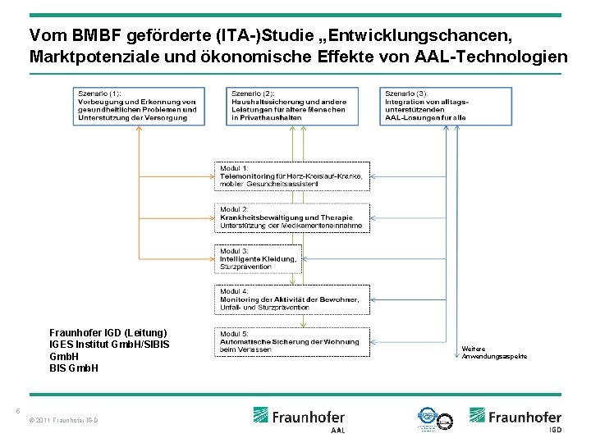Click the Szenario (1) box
pos(138,105)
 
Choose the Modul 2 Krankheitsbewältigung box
pos(293,217)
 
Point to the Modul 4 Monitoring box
pos(293,299)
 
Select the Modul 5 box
pos(293,341)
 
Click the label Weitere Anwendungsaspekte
pos(494,352)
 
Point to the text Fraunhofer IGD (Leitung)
pos(108,332)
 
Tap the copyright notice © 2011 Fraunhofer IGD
pos(63,421)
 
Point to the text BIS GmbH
pos(74,368)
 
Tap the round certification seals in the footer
pos(435,418)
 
